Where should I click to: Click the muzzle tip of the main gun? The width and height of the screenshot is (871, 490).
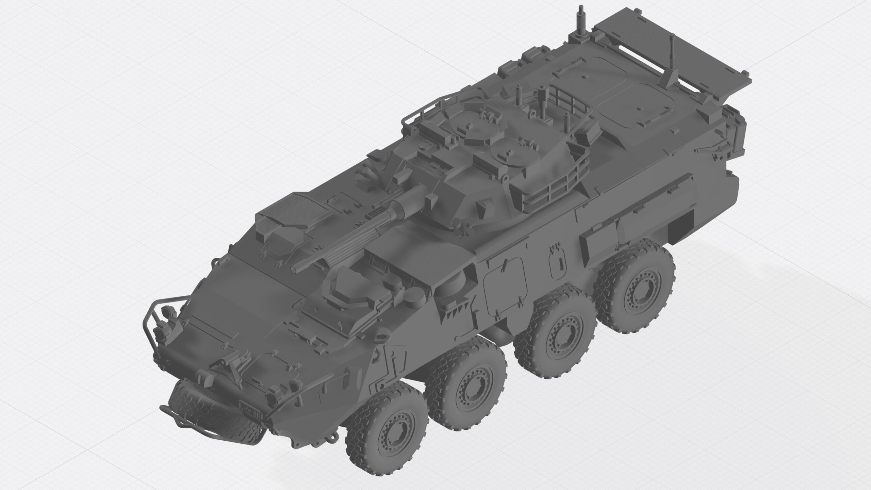pos(294,269)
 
